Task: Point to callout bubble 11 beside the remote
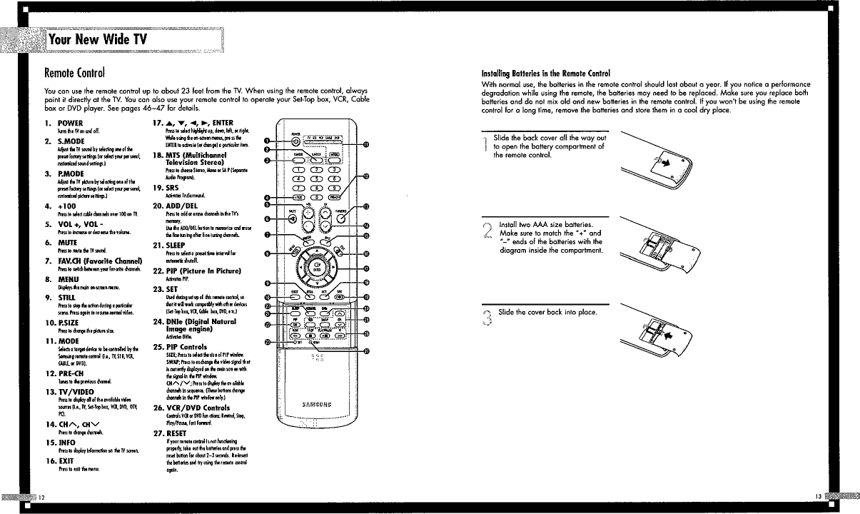pyautogui.click(x=366, y=144)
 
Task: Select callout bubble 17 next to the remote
pyautogui.click(x=366, y=268)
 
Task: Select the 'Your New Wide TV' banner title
pyautogui.click(x=93, y=39)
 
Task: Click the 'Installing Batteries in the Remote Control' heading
pyautogui.click(x=546, y=73)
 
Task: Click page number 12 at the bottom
pyautogui.click(x=41, y=496)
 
